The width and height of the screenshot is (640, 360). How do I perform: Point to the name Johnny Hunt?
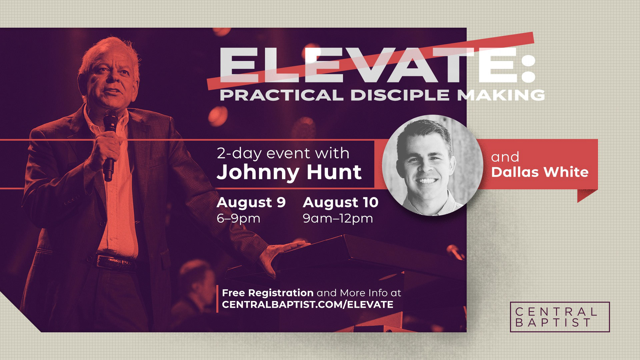tap(289, 172)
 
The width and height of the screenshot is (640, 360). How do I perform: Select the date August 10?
tap(341, 203)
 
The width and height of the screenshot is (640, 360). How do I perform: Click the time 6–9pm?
tap(238, 219)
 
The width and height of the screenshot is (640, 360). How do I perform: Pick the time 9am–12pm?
tap(338, 219)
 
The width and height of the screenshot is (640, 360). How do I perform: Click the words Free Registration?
tap(268, 293)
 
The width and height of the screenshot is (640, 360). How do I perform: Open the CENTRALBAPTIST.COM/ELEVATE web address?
tap(307, 304)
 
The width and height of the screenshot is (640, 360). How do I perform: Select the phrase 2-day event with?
tap(283, 154)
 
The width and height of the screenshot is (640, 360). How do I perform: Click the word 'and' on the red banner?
tap(501, 157)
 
